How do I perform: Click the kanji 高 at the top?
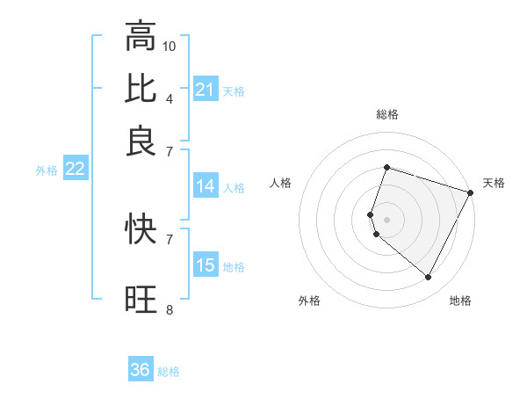(x=141, y=36)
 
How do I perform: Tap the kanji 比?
(x=141, y=88)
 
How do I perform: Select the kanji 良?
(x=141, y=140)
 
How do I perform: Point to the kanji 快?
(x=141, y=229)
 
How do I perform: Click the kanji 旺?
(x=141, y=300)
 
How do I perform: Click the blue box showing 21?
(x=206, y=90)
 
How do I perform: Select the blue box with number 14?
(x=206, y=186)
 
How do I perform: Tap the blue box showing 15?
(x=206, y=266)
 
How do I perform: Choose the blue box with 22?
(x=75, y=170)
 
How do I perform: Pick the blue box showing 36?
(x=141, y=370)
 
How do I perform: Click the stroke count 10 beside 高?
(x=170, y=45)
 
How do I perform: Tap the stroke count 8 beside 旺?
(x=169, y=309)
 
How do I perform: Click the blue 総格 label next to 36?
(x=169, y=372)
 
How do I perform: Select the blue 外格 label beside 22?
(x=46, y=170)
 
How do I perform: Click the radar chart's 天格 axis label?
(x=494, y=183)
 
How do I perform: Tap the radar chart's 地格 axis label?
(x=460, y=301)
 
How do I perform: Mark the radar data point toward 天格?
(x=470, y=192)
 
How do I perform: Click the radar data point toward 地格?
(x=429, y=278)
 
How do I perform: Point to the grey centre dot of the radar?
(x=386, y=219)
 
